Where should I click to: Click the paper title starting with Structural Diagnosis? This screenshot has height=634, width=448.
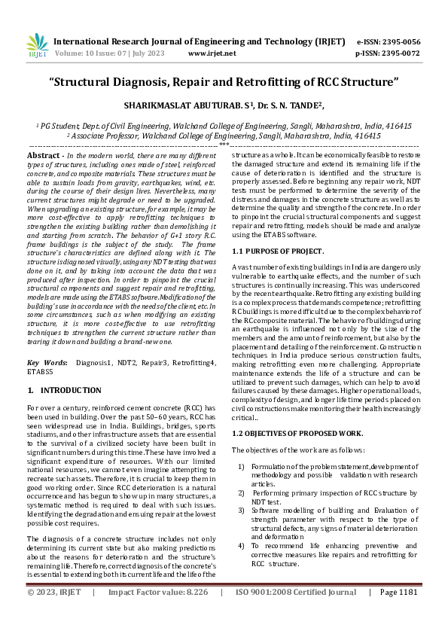click(224, 81)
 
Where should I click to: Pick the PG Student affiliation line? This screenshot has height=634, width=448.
click(224, 126)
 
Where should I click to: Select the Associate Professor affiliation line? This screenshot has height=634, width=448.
click(224, 136)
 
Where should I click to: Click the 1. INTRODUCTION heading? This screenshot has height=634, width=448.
click(64, 391)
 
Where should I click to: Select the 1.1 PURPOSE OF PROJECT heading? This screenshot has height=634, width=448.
click(278, 250)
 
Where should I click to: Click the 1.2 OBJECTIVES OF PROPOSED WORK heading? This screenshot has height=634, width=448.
click(298, 434)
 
